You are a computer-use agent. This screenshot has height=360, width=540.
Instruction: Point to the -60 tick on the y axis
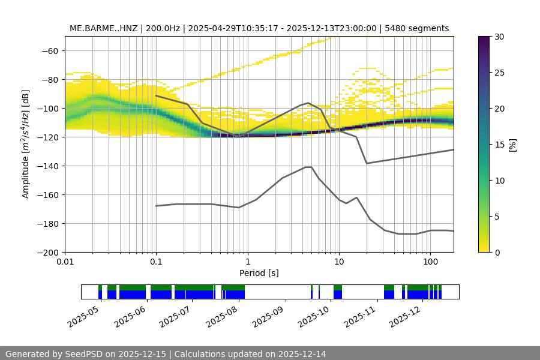tap(49, 50)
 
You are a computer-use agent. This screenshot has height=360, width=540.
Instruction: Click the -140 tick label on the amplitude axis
tap(47, 166)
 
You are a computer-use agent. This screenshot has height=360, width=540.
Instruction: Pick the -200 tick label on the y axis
tap(47, 252)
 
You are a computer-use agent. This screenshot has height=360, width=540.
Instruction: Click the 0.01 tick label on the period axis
tap(65, 262)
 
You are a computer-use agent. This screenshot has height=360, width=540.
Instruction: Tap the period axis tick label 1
tap(247, 262)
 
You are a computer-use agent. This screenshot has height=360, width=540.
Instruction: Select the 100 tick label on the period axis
tap(430, 262)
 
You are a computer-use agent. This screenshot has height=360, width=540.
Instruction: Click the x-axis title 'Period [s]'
tap(259, 273)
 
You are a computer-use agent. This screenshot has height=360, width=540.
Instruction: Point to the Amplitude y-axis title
tap(26, 144)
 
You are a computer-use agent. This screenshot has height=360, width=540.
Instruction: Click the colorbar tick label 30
tap(499, 37)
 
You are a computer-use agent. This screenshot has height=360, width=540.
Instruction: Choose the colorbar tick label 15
tap(499, 145)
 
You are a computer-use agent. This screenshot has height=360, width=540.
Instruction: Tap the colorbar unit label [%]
tap(512, 145)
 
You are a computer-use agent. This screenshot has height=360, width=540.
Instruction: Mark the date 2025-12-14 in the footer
tap(302, 354)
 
